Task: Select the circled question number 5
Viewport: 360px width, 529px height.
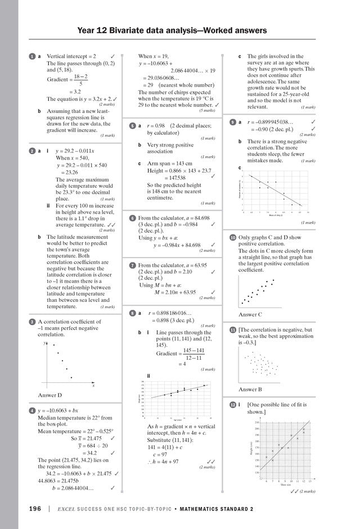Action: click(x=131, y=126)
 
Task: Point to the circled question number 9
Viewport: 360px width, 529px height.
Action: click(x=232, y=122)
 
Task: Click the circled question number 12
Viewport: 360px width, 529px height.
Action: click(x=232, y=404)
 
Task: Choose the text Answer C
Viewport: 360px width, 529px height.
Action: click(x=251, y=314)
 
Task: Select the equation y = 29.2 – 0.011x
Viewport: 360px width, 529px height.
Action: click(x=75, y=151)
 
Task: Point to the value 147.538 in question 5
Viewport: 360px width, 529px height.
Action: click(x=174, y=177)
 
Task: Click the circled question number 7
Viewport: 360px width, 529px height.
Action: click(x=131, y=265)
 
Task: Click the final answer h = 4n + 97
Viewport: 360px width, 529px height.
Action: click(x=164, y=462)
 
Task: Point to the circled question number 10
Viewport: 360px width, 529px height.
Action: click(x=232, y=238)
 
